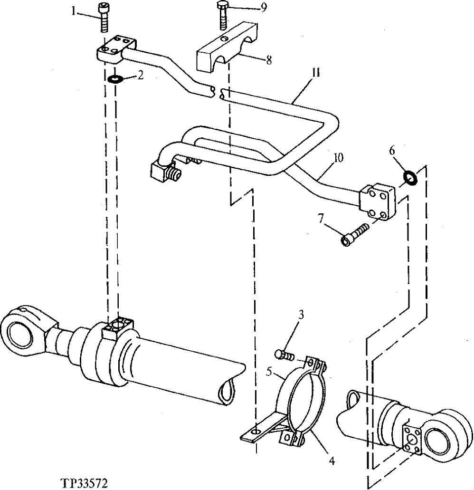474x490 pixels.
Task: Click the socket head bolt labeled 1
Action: pos(105,18)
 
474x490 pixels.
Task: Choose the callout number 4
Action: pos(332,461)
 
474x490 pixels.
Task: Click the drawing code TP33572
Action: pos(85,483)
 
